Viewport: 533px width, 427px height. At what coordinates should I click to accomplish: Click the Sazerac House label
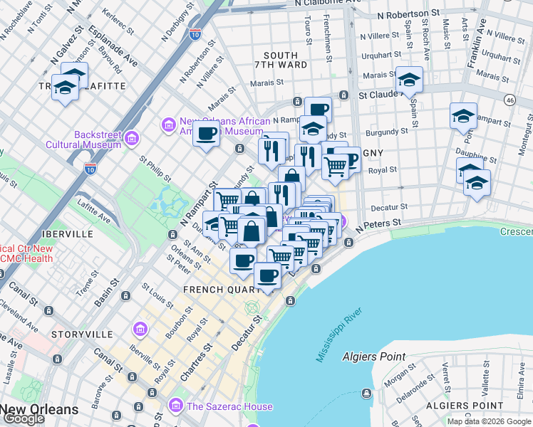tap(229, 406)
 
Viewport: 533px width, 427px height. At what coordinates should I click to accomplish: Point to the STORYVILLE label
tap(83, 334)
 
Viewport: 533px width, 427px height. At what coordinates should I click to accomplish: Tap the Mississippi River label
tap(339, 335)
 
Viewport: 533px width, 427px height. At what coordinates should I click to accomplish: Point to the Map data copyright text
tap(489, 421)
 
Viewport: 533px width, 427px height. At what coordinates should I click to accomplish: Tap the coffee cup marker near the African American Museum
tap(207, 134)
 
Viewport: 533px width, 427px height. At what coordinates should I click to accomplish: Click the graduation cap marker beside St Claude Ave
tap(409, 80)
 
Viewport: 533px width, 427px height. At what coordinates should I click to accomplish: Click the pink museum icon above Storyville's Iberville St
tap(140, 329)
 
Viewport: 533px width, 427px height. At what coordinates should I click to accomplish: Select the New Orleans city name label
tap(39, 409)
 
